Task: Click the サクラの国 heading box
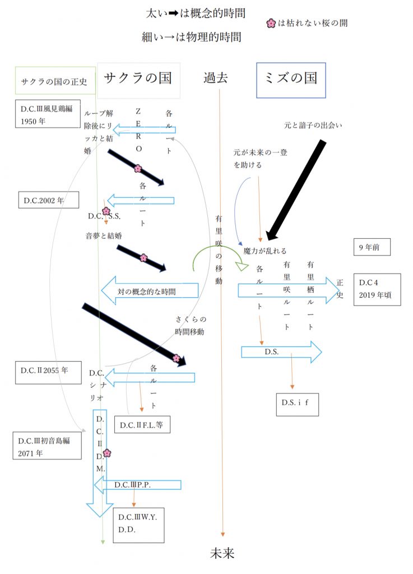[138, 78]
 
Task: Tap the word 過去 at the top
[215, 78]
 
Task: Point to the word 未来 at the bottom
[222, 553]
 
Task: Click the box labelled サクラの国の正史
[54, 81]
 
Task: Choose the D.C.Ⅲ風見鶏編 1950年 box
[48, 114]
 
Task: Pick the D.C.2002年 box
[48, 200]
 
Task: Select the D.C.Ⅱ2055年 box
[49, 372]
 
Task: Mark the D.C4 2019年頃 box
[377, 289]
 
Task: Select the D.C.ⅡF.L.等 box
[141, 425]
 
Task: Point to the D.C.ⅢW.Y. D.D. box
[138, 524]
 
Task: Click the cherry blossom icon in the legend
[271, 24]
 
